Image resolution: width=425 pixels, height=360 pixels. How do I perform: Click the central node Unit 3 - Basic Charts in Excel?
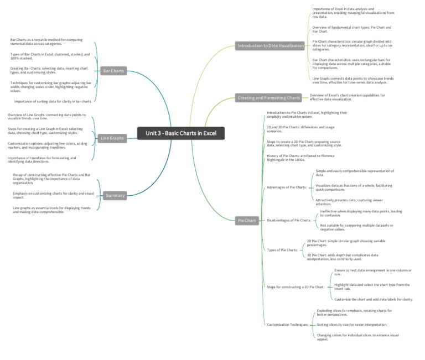pyautogui.click(x=181, y=133)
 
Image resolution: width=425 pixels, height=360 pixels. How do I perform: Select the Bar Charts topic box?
pyautogui.click(x=113, y=71)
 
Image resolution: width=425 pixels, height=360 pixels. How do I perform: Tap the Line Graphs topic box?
pyautogui.click(x=112, y=138)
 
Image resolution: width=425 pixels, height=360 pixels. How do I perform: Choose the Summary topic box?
pyautogui.click(x=115, y=195)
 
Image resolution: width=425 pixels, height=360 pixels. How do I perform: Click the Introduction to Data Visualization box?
pyautogui.click(x=271, y=46)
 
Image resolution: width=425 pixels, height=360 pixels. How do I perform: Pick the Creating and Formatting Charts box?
pyautogui.click(x=268, y=98)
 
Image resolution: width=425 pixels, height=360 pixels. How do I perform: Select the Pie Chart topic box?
pyautogui.click(x=247, y=221)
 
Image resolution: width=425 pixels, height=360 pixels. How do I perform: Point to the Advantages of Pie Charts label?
pyautogui.click(x=287, y=187)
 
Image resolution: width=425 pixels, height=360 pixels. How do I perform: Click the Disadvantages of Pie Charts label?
pyautogui.click(x=289, y=221)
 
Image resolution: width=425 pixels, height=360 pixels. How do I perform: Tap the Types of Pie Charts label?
pyautogui.click(x=282, y=250)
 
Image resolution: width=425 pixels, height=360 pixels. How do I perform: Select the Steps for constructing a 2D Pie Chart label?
pyautogui.click(x=296, y=287)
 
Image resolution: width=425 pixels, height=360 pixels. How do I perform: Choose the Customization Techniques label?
pyautogui.click(x=288, y=325)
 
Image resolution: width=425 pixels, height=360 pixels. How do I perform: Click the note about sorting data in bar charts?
pyautogui.click(x=53, y=102)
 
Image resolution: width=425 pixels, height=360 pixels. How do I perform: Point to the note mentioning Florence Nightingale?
pyautogui.click(x=300, y=158)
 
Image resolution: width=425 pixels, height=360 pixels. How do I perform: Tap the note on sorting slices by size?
pyautogui.click(x=352, y=325)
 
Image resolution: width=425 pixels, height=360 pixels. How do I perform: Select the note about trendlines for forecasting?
pyautogui.click(x=42, y=160)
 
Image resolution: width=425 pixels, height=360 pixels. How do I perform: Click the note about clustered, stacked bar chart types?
pyautogui.click(x=50, y=56)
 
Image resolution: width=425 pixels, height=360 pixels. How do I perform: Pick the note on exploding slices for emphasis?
pyautogui.click(x=354, y=312)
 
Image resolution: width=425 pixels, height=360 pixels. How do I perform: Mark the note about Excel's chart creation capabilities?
pyautogui.click(x=347, y=97)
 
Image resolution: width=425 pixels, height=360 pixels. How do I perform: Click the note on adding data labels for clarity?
pyautogui.click(x=374, y=299)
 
